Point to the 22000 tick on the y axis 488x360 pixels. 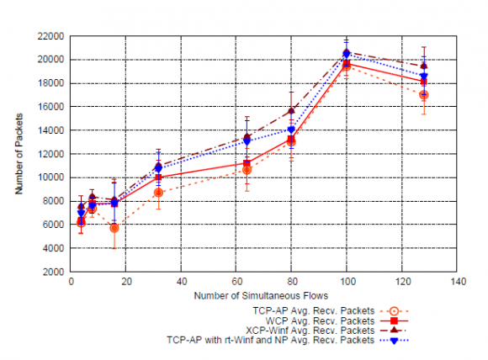coord(51,36)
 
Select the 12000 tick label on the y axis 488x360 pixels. coord(51,155)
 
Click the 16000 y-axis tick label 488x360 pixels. coord(51,107)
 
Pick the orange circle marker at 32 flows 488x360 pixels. coord(158,193)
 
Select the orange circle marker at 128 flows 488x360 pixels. coord(424,95)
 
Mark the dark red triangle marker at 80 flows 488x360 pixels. coord(292,110)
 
